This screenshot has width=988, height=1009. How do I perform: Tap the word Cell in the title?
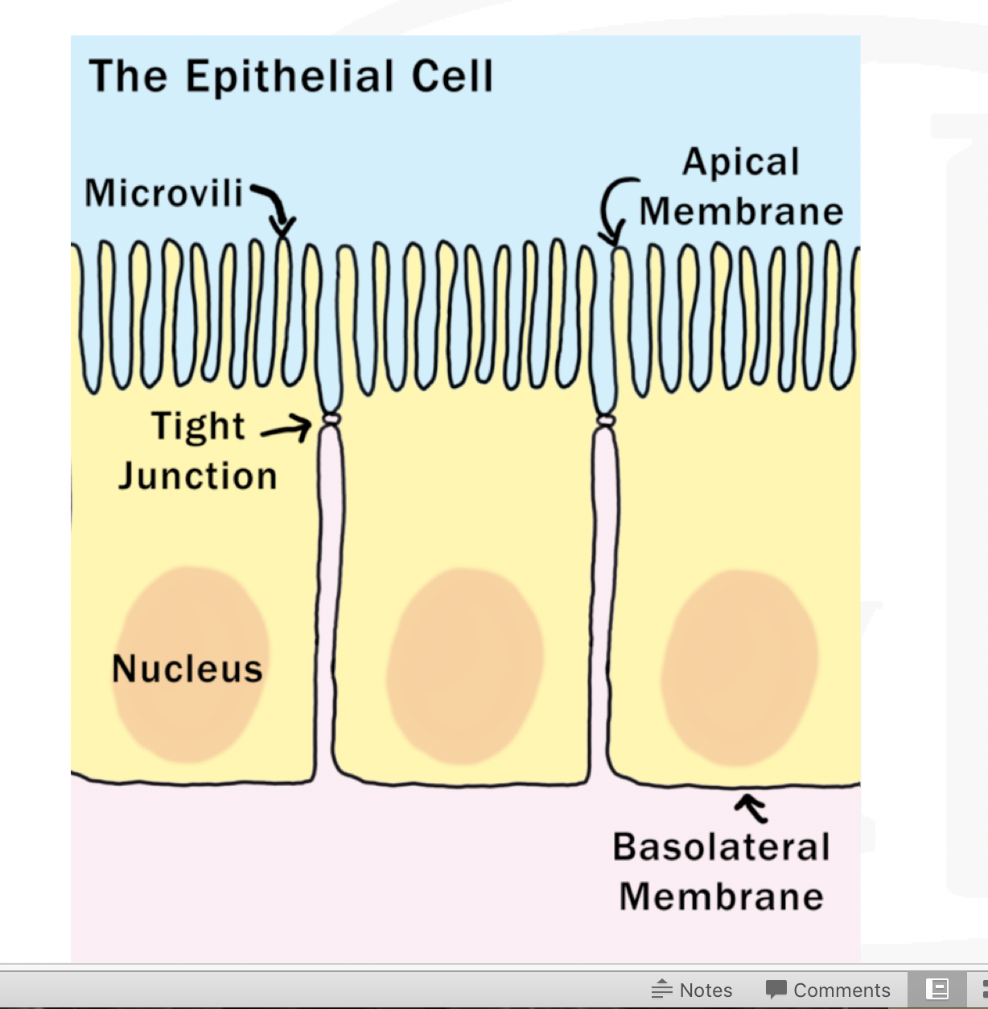coord(452,76)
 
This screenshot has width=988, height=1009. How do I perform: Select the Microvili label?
coord(164,193)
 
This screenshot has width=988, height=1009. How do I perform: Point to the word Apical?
coord(741,163)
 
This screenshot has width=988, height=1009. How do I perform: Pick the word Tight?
coord(198,426)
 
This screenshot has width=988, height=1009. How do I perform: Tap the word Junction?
coord(198,476)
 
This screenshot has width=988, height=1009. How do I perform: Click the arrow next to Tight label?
coord(286,428)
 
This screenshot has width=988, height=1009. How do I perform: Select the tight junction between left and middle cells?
coord(330,419)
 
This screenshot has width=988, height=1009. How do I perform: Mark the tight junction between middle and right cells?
coord(606,421)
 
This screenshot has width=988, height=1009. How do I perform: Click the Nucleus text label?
coord(187,669)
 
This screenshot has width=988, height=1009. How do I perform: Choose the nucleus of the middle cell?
coord(465,665)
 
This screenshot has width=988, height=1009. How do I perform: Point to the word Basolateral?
coord(721,847)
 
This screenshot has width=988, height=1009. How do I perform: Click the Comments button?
coord(842,990)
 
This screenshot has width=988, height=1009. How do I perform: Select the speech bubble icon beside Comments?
coord(776,989)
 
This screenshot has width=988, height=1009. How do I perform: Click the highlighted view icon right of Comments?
coord(937,989)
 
